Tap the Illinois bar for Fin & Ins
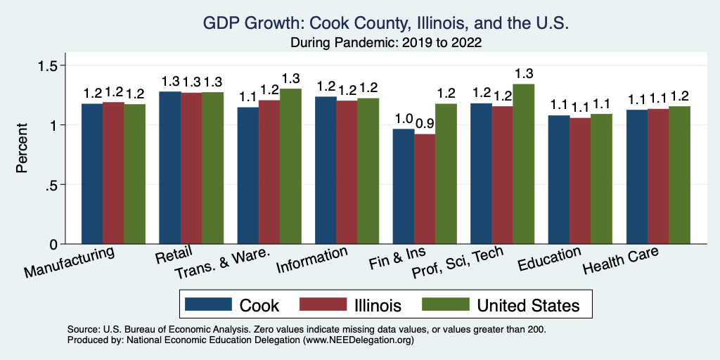tap(425, 189)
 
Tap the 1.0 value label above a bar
tap(404, 118)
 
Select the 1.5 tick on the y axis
tap(54, 65)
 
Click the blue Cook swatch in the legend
tap(208, 304)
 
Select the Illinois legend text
tap(378, 305)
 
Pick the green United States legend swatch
tap(445, 304)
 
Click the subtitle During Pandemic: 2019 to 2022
tap(386, 42)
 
